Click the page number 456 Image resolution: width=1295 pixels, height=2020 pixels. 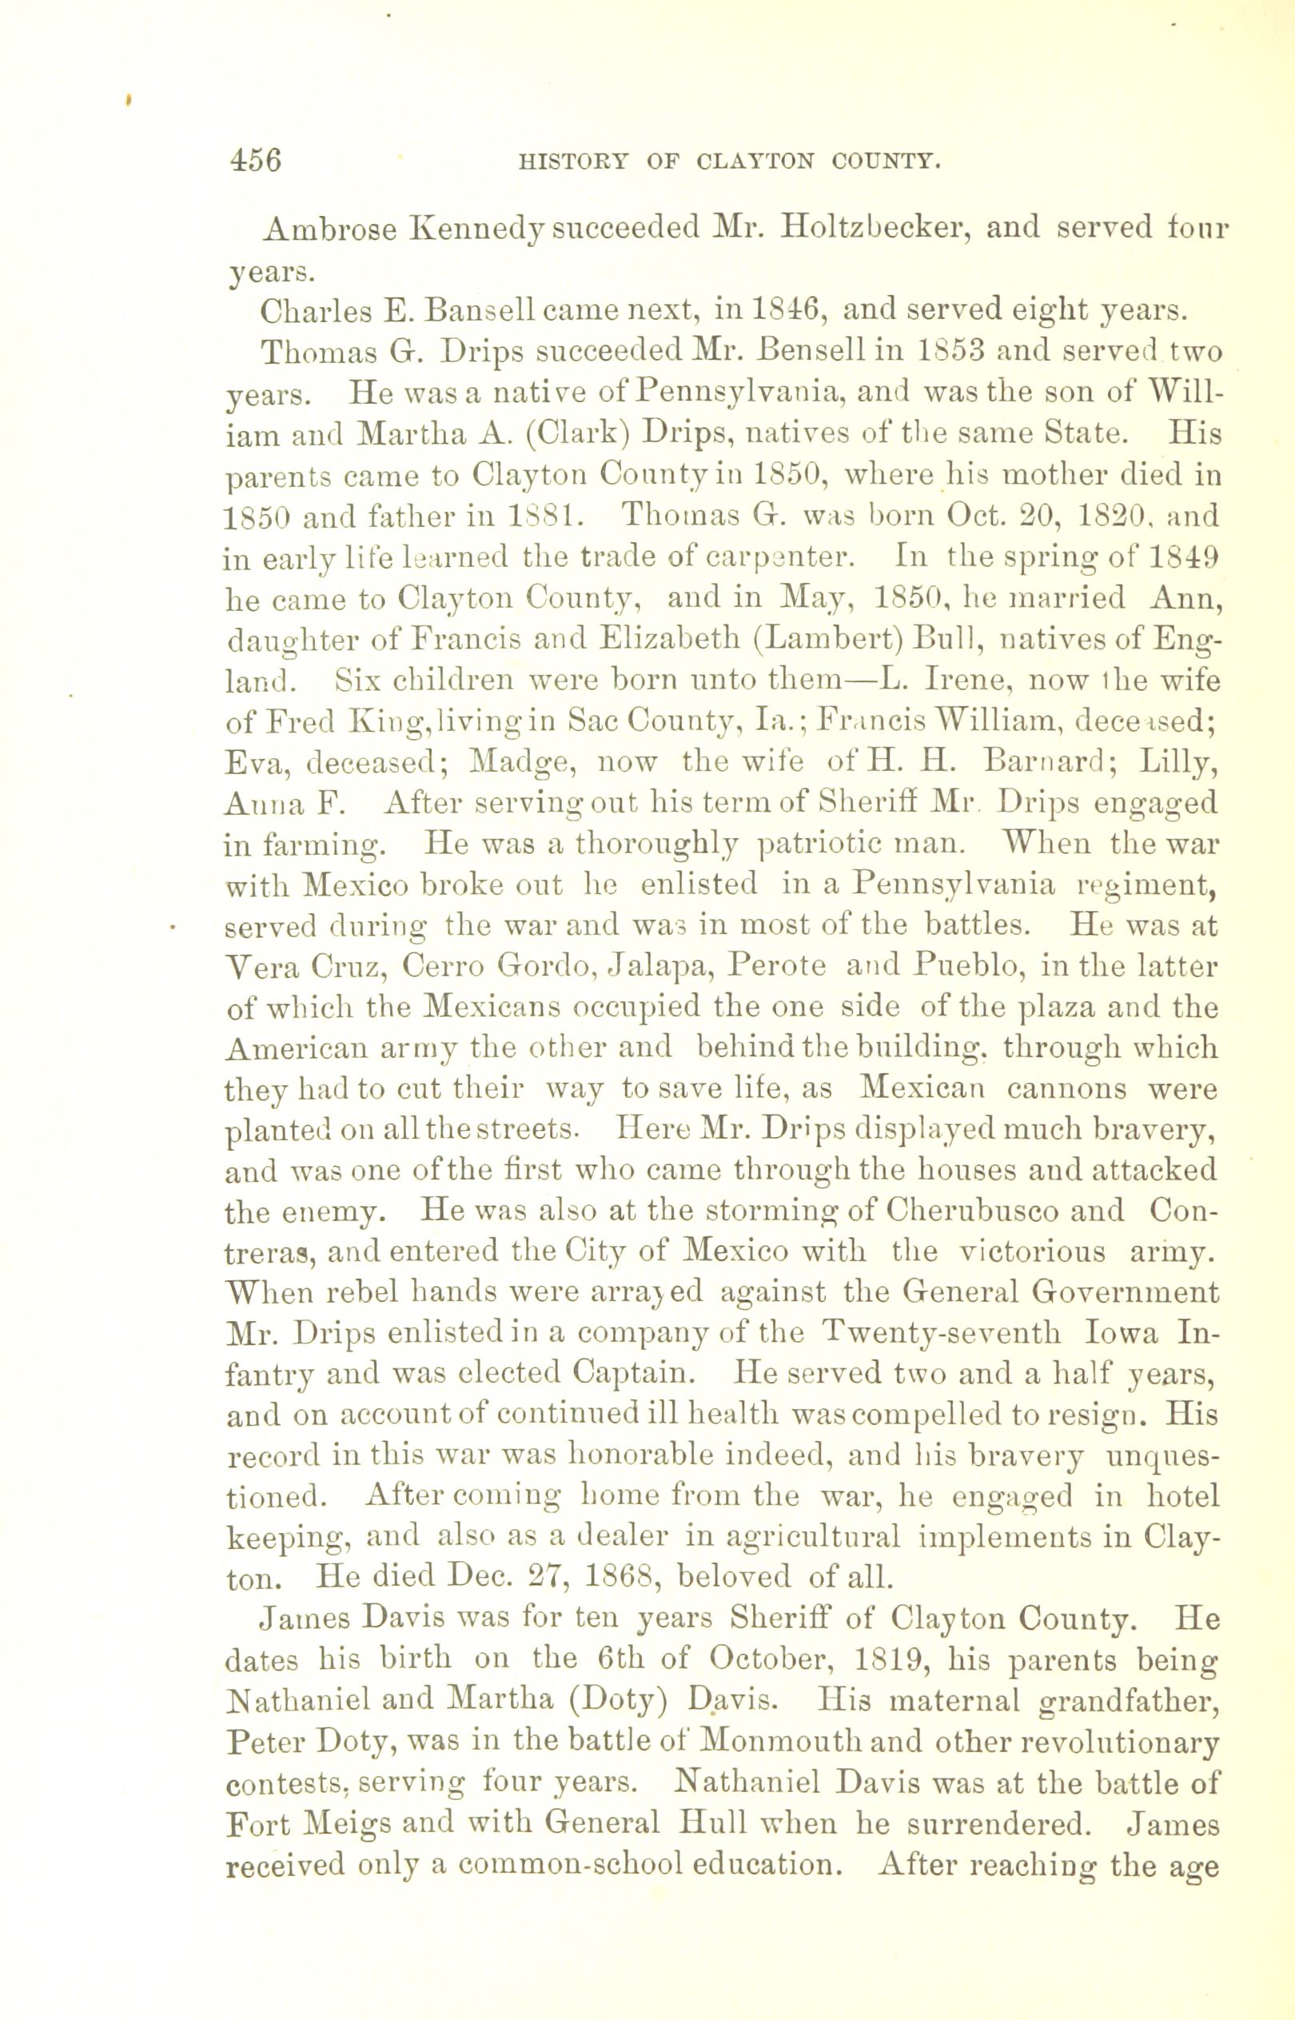tap(256, 160)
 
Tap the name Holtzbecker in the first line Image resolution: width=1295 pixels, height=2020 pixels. tap(875, 230)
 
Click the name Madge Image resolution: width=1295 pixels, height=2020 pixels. tap(512, 762)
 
